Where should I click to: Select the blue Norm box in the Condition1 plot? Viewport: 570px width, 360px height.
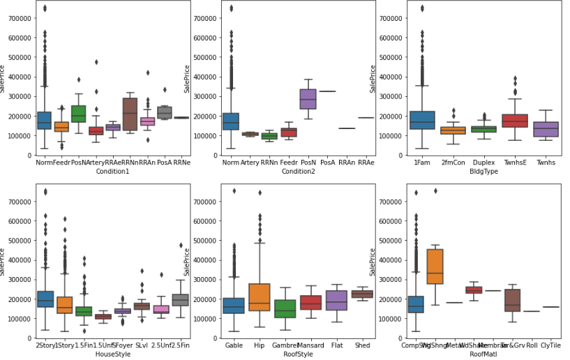(x=44, y=120)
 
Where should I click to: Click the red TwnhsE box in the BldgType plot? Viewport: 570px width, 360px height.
(x=515, y=121)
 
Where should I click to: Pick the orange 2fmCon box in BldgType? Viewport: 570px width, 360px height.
(x=448, y=130)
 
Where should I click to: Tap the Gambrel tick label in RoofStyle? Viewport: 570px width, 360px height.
(x=285, y=345)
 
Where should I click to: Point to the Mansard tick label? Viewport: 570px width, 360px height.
(x=312, y=345)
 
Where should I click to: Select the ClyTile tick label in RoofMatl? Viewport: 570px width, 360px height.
(x=551, y=345)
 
